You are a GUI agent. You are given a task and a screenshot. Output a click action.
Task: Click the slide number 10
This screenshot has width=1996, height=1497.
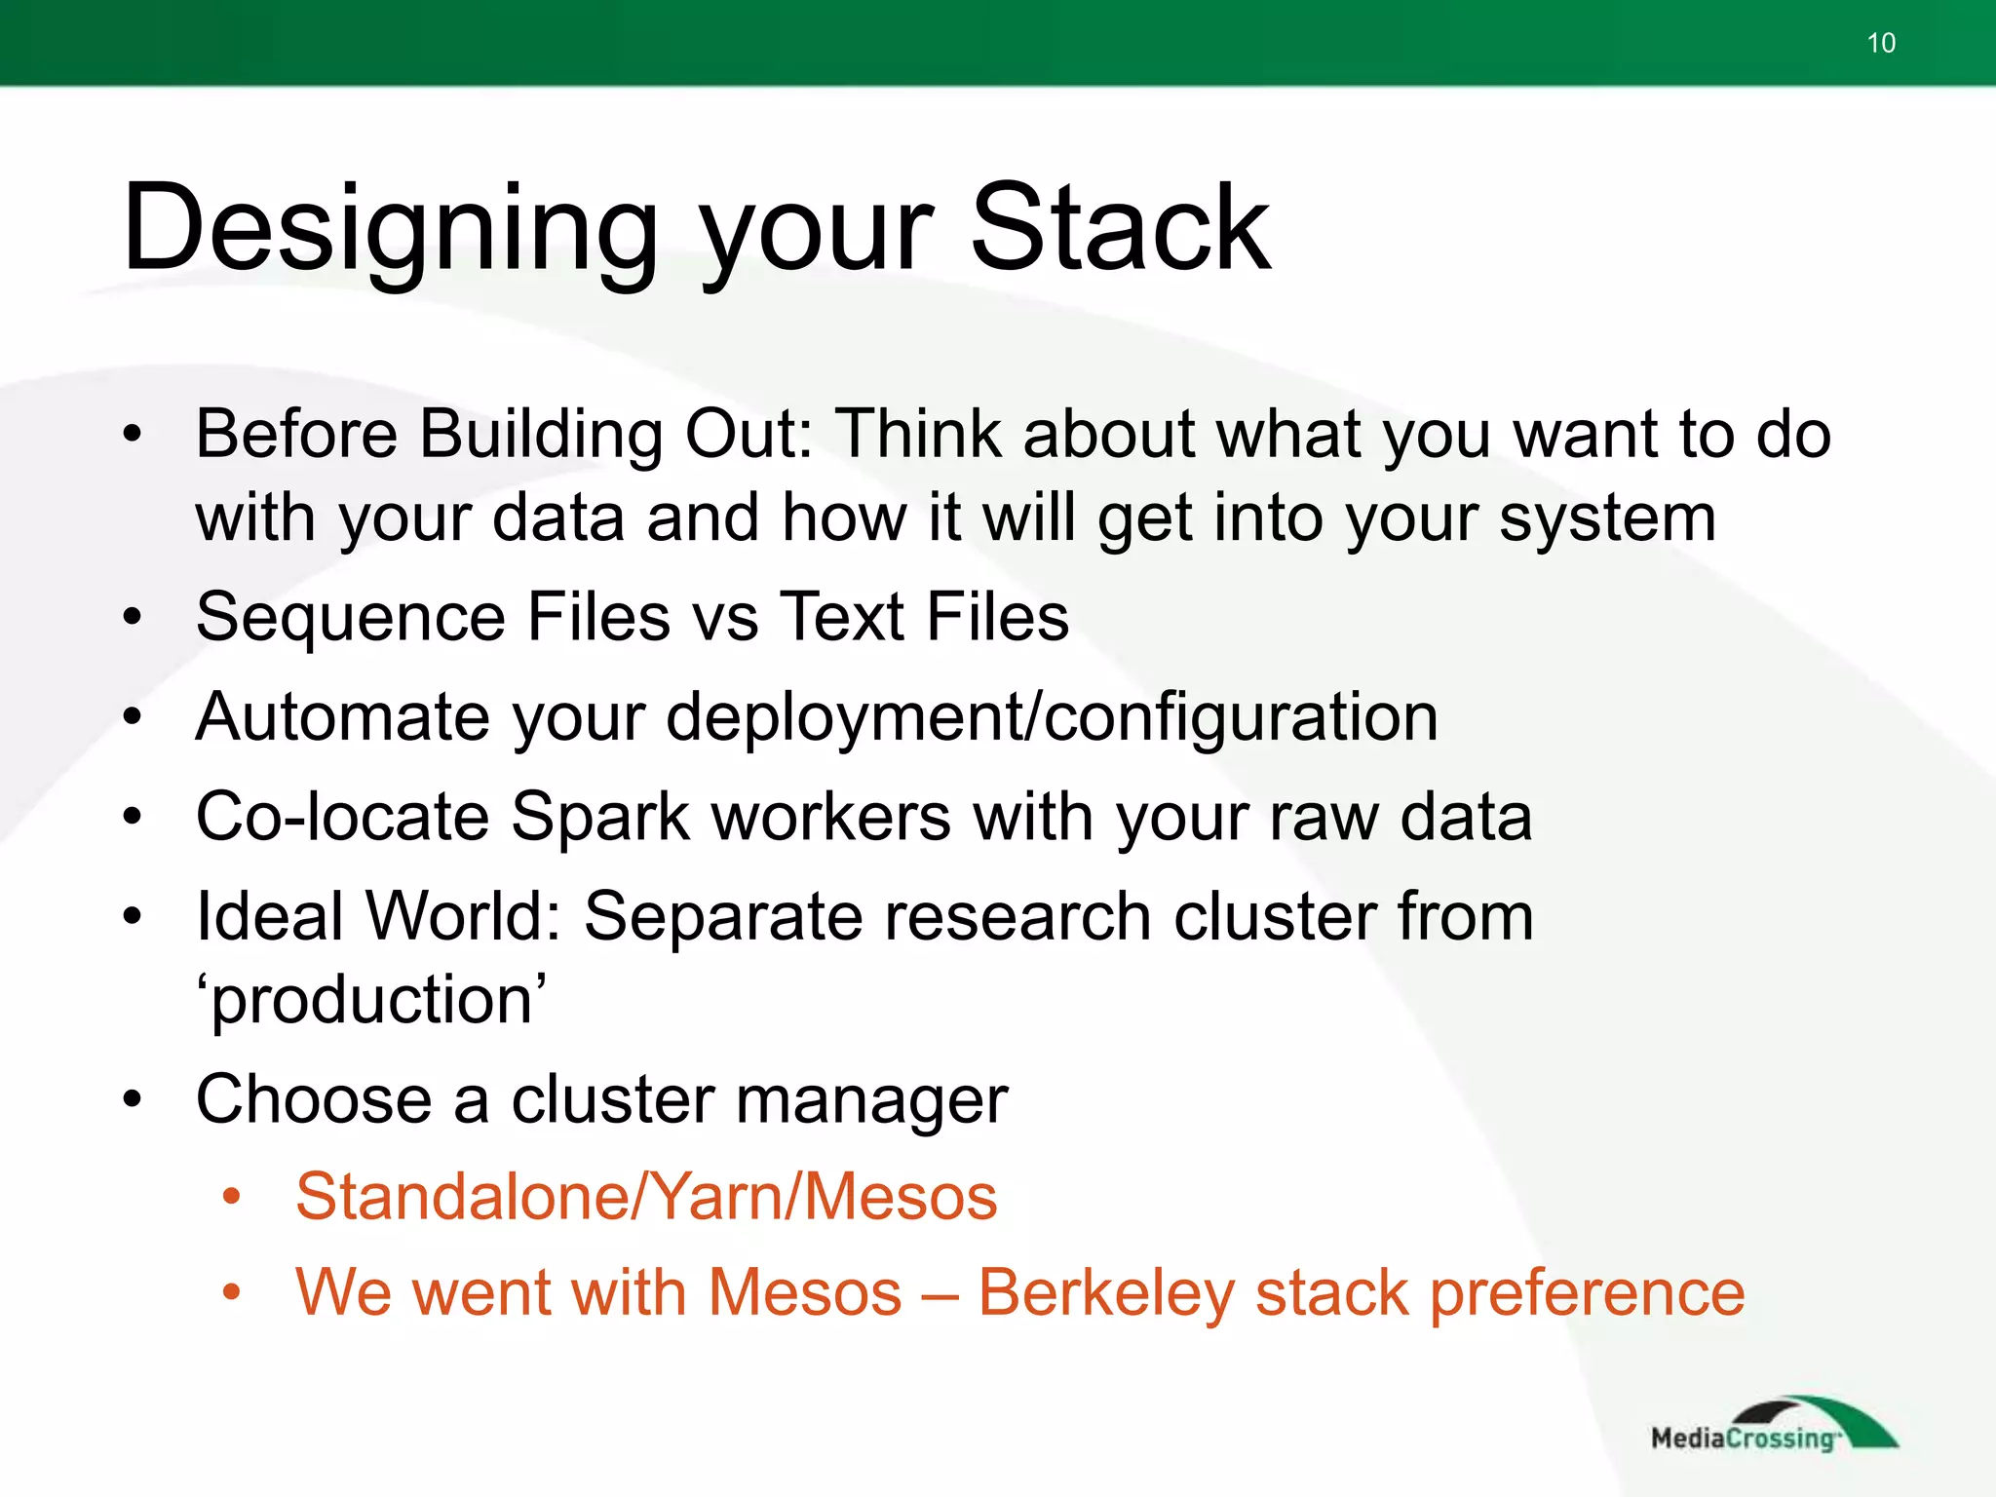[1880, 43]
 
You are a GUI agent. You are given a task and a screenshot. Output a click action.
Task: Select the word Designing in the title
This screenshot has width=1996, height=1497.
[391, 230]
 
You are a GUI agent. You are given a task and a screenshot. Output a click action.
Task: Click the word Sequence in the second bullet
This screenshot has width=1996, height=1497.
[350, 618]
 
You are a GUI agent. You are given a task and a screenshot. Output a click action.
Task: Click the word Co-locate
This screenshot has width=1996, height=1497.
[341, 817]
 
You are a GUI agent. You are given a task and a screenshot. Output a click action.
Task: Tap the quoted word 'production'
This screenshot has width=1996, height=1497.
[370, 1000]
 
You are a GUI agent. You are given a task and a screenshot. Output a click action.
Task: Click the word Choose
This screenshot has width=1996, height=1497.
[313, 1099]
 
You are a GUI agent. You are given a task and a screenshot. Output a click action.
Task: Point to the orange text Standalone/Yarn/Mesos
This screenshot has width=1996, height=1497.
[646, 1197]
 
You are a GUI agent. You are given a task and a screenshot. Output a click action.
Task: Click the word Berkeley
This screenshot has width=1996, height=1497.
[1105, 1294]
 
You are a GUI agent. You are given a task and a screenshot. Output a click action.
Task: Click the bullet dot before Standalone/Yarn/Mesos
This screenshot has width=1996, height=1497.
[231, 1198]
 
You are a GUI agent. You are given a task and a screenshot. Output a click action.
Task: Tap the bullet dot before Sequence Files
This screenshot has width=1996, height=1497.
[133, 618]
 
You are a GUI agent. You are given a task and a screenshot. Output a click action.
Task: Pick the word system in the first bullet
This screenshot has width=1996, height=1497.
[1607, 518]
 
